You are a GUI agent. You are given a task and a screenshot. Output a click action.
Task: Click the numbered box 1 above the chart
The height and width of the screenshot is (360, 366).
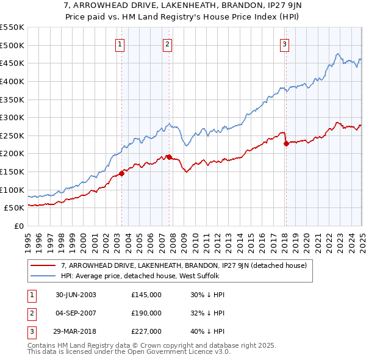(x=120, y=43)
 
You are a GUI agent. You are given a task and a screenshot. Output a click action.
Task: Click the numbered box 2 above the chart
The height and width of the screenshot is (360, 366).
(x=167, y=43)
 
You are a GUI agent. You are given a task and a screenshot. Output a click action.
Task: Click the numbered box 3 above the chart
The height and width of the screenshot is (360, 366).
(x=285, y=43)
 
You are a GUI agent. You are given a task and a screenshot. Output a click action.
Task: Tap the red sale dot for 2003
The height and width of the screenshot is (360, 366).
(x=121, y=173)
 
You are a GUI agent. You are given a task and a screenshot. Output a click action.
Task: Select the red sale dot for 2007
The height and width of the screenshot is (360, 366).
(x=168, y=157)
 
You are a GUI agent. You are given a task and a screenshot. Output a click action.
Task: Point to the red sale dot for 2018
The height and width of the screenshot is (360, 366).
(x=286, y=144)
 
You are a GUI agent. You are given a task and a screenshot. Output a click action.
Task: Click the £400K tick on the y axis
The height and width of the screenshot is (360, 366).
(x=12, y=81)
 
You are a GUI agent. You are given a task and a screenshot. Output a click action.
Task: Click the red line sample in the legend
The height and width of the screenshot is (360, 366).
(x=43, y=265)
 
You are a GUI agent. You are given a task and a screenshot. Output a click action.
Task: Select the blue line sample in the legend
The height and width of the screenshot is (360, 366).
(x=43, y=276)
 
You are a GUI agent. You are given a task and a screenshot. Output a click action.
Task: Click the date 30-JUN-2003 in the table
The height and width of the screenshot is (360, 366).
(x=76, y=295)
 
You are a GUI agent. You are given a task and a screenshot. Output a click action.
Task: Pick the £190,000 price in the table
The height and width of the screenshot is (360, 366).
(x=146, y=313)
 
